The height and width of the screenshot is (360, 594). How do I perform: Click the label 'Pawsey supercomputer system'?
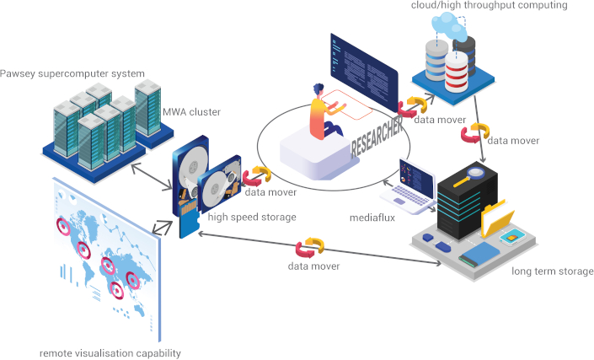[x=72, y=73]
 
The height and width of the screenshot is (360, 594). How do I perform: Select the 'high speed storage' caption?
[x=252, y=218]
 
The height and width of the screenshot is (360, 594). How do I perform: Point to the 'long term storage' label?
[x=552, y=271]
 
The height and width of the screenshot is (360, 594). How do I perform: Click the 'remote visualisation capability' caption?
[x=110, y=352]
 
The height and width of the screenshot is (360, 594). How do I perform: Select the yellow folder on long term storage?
[x=499, y=221]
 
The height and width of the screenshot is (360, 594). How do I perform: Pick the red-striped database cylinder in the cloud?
[x=456, y=73]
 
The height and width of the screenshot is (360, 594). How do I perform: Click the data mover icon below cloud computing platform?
[x=478, y=132]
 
